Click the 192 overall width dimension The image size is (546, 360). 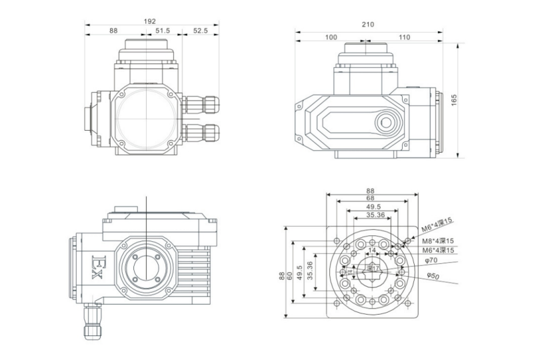[x=151, y=21]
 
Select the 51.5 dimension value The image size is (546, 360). [x=162, y=31]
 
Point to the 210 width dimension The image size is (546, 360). [x=367, y=25]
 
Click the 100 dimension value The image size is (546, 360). [x=331, y=37]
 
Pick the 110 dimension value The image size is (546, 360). [x=404, y=37]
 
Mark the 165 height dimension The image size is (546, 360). [x=454, y=99]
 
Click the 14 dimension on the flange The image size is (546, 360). [x=373, y=251]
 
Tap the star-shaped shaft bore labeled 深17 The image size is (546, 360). [x=371, y=269]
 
